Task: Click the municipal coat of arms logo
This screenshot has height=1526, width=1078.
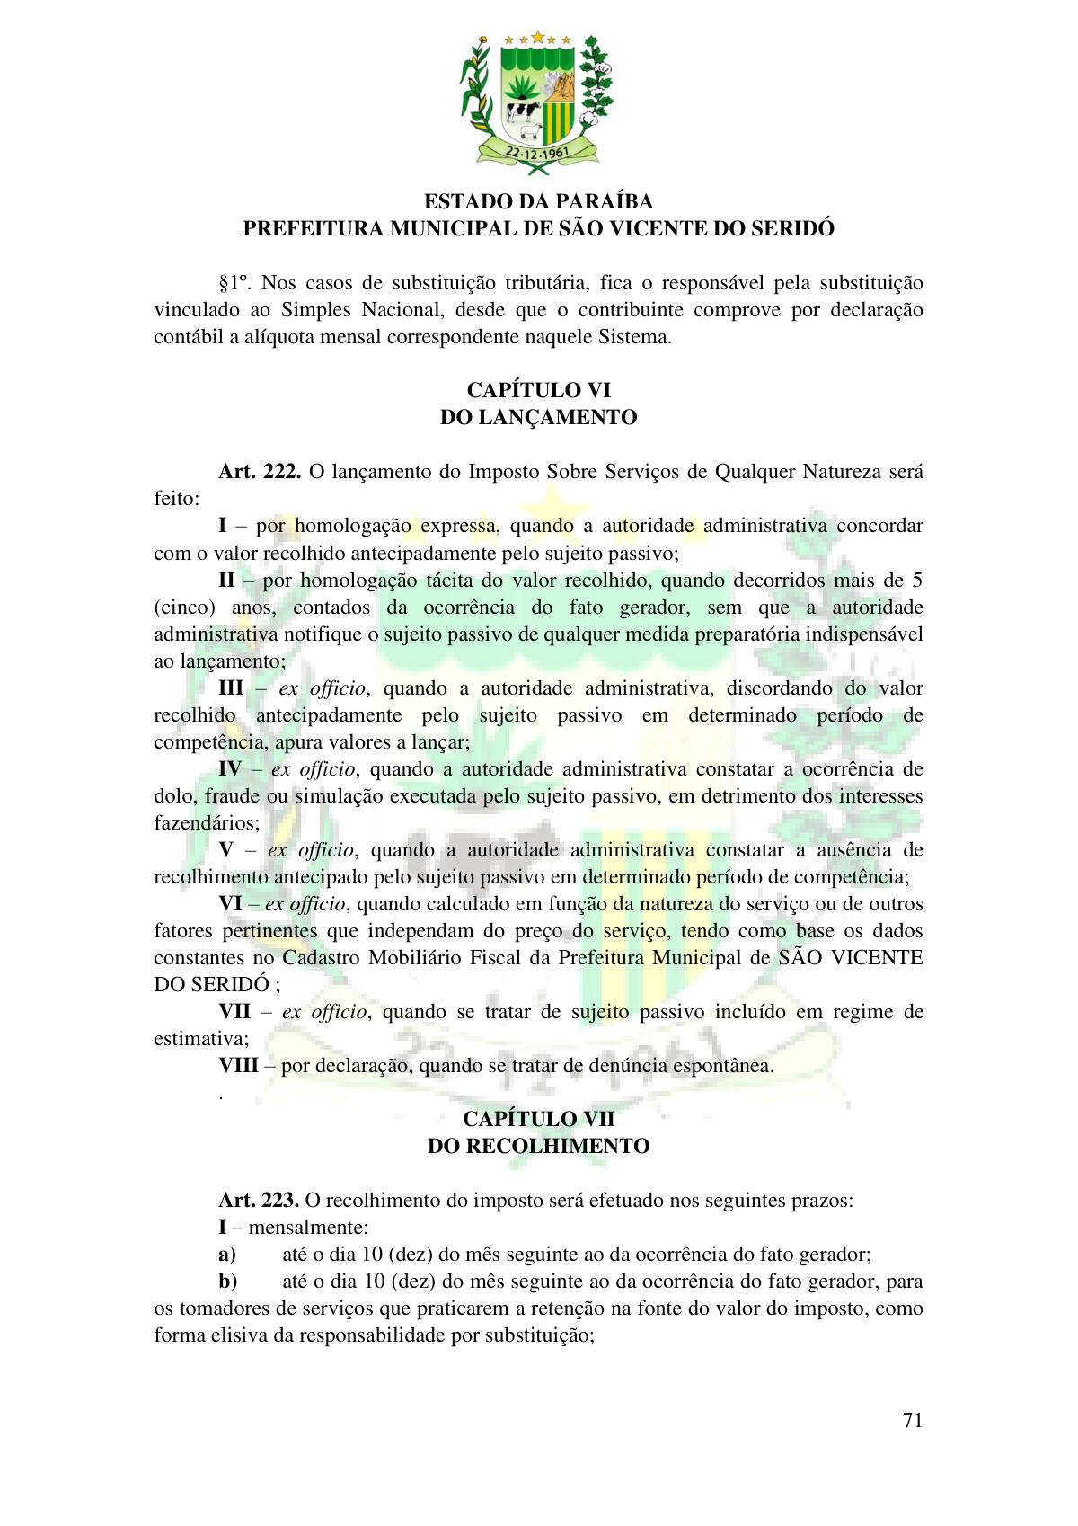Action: click(x=538, y=100)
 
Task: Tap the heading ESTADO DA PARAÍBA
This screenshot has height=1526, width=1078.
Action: click(x=538, y=201)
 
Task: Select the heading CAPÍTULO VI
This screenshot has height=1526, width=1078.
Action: click(x=538, y=390)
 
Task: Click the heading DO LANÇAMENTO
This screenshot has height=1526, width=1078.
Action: click(x=538, y=417)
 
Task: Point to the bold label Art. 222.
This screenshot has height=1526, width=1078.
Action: click(x=259, y=472)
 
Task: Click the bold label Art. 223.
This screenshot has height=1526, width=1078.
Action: click(x=259, y=1200)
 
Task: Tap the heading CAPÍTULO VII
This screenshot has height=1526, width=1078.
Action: click(x=538, y=1119)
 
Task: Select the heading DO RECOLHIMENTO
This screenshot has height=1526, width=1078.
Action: click(x=538, y=1146)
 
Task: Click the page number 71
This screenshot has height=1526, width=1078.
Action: click(x=912, y=1420)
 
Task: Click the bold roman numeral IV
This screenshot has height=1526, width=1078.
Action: click(x=230, y=769)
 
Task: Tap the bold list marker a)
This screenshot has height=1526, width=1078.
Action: click(x=226, y=1255)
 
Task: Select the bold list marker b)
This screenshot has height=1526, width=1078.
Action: click(x=227, y=1282)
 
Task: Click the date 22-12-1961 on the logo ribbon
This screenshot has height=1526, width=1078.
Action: click(x=538, y=152)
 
